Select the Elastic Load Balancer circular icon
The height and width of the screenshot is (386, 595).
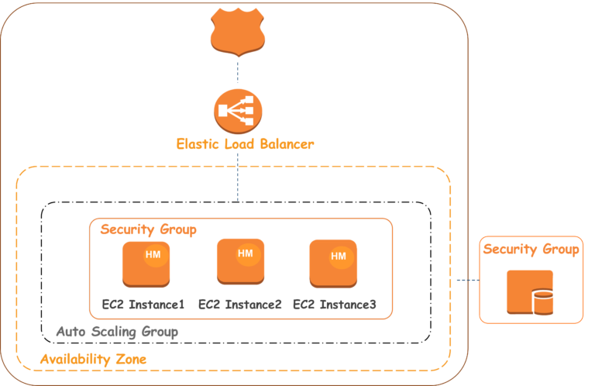[237, 111]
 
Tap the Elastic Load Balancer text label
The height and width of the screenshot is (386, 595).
[245, 144]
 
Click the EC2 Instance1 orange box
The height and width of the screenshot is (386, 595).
[146, 264]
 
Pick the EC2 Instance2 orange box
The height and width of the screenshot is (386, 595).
[240, 263]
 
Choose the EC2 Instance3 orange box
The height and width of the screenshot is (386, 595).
[333, 264]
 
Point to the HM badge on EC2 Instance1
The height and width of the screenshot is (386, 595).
[155, 255]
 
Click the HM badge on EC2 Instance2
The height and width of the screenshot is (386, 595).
[246, 253]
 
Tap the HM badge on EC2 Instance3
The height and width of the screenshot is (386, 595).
[339, 256]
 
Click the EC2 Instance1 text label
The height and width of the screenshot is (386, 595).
[143, 305]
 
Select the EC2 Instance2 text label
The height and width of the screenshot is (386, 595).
[239, 305]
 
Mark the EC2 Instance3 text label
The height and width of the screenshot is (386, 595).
[335, 305]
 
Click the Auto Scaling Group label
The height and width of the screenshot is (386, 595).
[117, 332]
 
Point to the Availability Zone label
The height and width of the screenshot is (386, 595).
[93, 360]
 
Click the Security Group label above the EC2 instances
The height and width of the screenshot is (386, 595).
[148, 230]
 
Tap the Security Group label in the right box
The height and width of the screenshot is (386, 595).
[531, 250]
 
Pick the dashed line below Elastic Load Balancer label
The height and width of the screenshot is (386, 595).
[237, 178]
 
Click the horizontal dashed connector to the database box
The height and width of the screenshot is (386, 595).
[466, 280]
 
